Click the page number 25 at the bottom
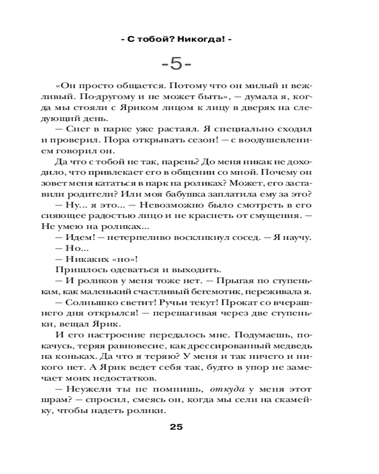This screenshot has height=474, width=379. tap(176, 427)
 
